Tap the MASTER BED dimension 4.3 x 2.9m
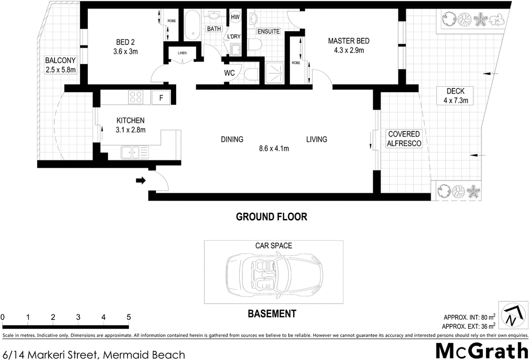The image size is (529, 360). point(348,51)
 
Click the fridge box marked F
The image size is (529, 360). point(161,97)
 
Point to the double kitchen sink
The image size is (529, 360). point(134,153)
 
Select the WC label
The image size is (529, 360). point(230,73)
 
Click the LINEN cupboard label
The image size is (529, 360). point(183,52)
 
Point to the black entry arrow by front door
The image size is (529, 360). point(141,181)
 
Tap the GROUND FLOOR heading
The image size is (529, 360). point(271,217)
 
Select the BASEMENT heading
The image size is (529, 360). point(272,314)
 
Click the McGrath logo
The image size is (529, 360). point(481,349)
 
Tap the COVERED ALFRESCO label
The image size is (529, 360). point(404,139)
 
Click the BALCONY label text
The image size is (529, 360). point(60,60)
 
